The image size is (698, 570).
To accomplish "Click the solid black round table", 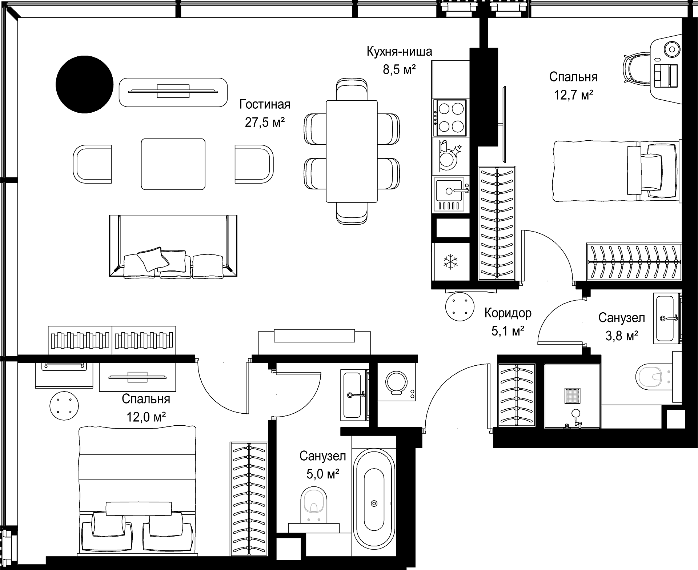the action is [84, 84].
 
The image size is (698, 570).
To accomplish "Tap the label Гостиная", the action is [265, 105].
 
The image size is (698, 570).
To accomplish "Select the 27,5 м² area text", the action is [265, 123].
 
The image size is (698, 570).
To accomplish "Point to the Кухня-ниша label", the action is [399, 52].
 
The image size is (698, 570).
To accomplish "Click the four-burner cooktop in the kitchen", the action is [451, 117].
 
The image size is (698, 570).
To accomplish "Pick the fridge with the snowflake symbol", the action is [450, 262].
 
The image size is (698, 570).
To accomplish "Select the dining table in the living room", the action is [352, 151].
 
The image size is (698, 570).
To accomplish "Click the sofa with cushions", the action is [173, 246].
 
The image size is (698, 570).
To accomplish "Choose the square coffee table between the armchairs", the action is [173, 164].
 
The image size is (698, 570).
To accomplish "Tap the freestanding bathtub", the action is [374, 503].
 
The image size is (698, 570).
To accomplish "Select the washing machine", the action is [396, 382].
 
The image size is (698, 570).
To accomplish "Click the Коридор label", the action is [508, 313].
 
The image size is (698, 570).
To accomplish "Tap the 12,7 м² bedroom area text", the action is [573, 95].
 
